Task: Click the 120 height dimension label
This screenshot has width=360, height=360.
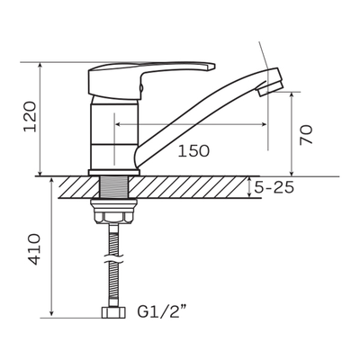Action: click(31, 117)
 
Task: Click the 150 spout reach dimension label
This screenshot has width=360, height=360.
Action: click(193, 150)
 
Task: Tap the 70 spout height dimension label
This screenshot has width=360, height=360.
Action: click(306, 135)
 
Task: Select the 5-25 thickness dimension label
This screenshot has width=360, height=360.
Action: click(274, 187)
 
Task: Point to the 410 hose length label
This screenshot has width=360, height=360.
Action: click(32, 249)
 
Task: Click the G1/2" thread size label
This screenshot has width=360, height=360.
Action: click(165, 311)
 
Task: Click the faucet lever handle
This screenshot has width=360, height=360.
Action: click(151, 80)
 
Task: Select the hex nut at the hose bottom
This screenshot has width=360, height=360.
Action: click(113, 312)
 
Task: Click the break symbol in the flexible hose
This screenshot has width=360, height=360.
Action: click(113, 259)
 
